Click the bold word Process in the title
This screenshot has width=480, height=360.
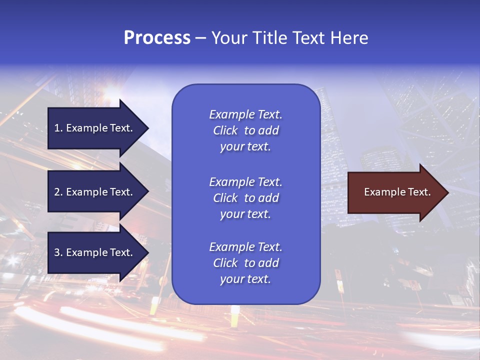(x=157, y=38)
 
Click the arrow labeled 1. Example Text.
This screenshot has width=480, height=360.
(x=95, y=128)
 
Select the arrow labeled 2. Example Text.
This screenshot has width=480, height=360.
(x=95, y=192)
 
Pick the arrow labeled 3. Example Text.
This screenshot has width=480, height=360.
(x=95, y=252)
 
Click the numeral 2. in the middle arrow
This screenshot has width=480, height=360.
(x=58, y=192)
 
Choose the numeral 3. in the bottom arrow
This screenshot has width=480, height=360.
(x=58, y=252)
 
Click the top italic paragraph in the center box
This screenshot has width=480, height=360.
(x=245, y=130)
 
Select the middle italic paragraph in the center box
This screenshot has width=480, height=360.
(x=245, y=198)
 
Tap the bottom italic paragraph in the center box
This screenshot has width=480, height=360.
(x=245, y=263)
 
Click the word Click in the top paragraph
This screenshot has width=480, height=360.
(x=225, y=130)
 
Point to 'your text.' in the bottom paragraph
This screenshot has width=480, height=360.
(x=245, y=279)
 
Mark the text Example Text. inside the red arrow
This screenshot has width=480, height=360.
(x=397, y=192)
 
